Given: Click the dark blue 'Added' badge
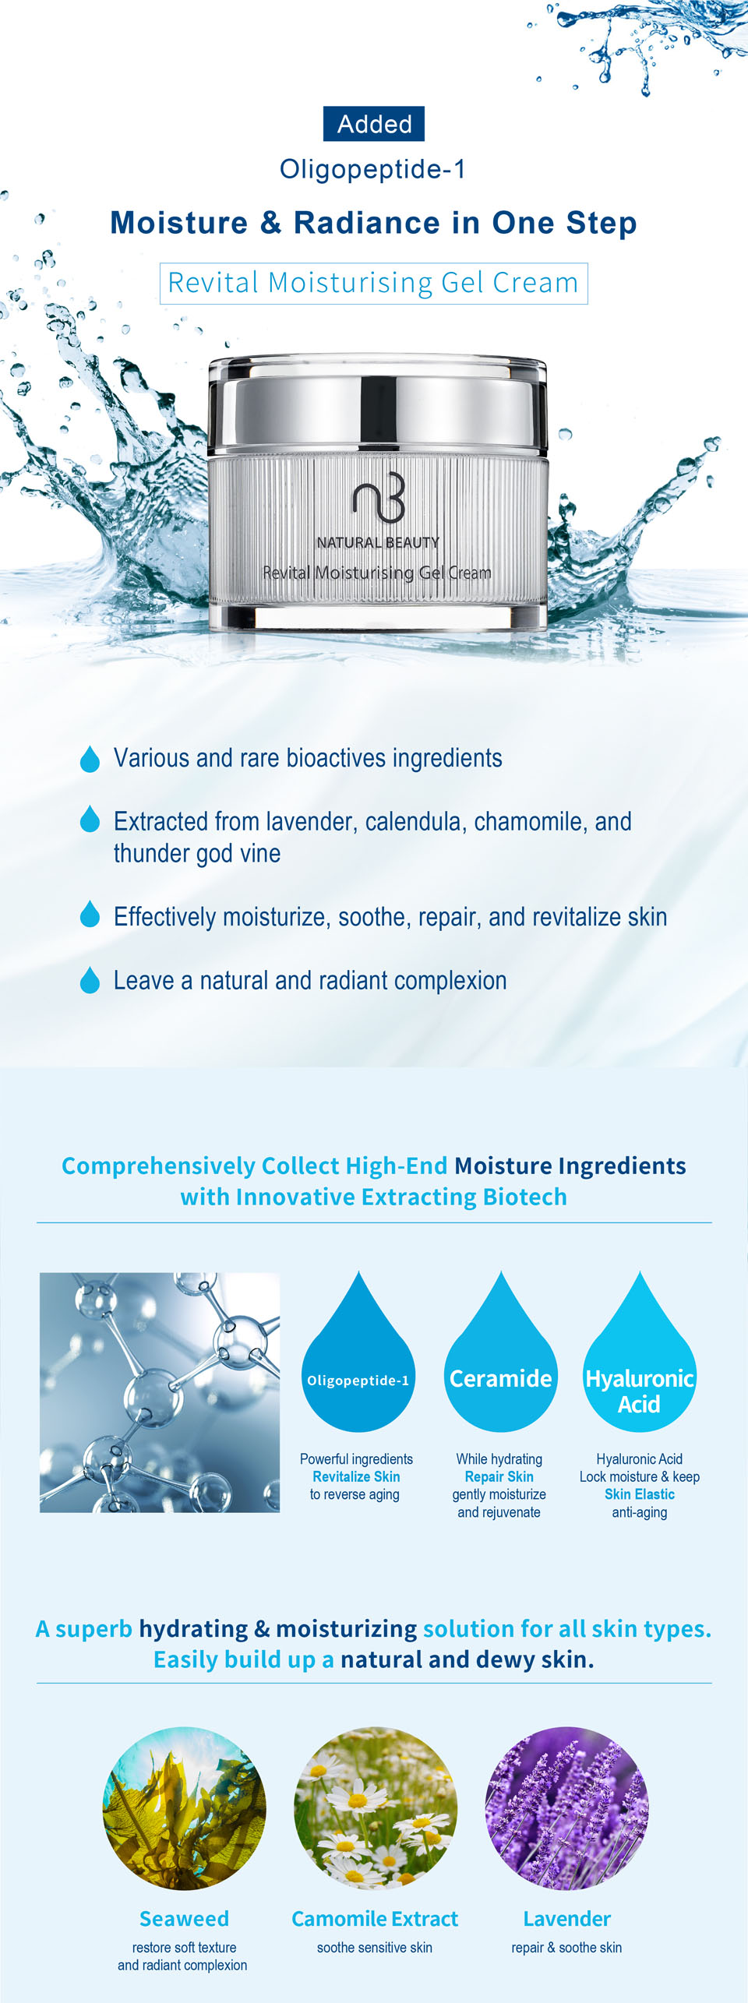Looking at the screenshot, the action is [374, 124].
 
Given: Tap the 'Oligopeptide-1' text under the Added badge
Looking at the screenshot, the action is [373, 169].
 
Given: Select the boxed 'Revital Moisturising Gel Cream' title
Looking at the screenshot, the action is [374, 283].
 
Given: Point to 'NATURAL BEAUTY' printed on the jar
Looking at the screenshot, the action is [378, 542].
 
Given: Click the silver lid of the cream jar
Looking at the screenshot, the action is [378, 404].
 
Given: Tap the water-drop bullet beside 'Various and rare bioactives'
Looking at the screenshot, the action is [90, 758].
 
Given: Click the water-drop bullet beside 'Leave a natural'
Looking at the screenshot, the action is [90, 980].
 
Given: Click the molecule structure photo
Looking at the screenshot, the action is [160, 1392].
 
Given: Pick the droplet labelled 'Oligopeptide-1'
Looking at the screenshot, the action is [358, 1353].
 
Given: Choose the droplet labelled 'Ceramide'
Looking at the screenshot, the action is [501, 1353].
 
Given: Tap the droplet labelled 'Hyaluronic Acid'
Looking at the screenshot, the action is [640, 1353].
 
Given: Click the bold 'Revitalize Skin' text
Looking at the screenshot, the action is [356, 1476].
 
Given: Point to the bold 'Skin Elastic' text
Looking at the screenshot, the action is [640, 1494].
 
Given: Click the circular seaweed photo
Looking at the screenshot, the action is [185, 1808].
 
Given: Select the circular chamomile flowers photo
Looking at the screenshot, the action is [376, 1808].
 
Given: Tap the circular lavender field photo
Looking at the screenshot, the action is [566, 1808].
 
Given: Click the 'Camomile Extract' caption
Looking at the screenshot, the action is [375, 1919].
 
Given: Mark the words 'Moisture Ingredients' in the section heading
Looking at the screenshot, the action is [570, 1165].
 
